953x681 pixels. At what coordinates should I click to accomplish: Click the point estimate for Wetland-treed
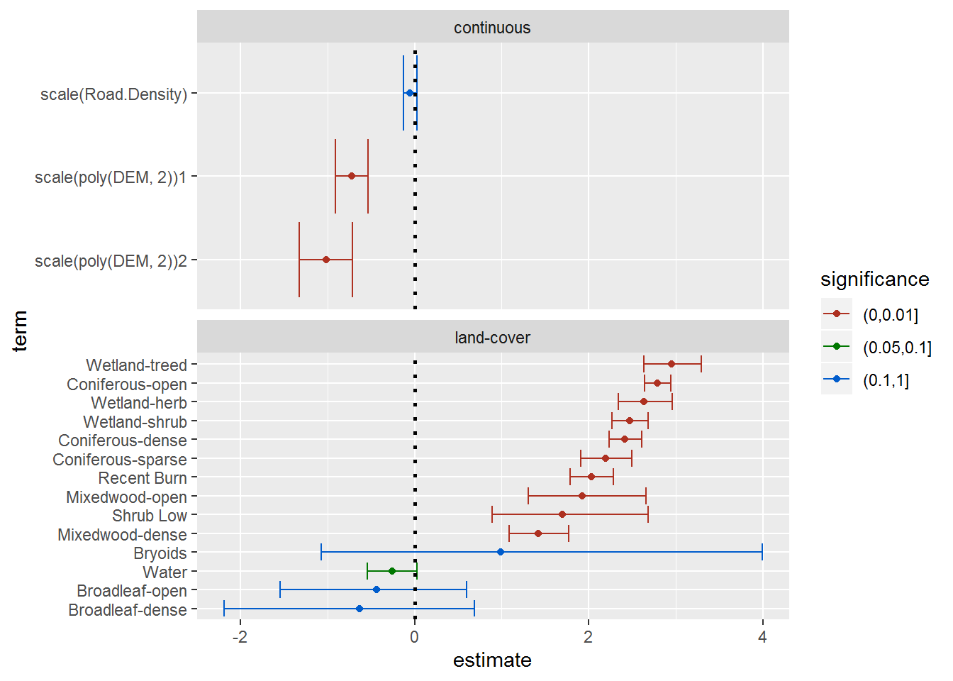(671, 364)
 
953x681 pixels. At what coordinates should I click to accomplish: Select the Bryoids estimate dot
(501, 552)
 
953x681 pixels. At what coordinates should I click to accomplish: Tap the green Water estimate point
(392, 571)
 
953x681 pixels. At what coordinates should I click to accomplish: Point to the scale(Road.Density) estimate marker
(409, 93)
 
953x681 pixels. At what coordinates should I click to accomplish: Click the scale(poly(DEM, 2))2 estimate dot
(326, 260)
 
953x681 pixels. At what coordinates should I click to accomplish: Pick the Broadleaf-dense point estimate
(360, 609)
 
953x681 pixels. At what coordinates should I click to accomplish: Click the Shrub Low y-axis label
(150, 516)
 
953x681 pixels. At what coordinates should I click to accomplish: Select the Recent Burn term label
(143, 478)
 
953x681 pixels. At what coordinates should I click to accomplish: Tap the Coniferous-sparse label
(120, 460)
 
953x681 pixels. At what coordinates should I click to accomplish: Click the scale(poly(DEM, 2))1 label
(111, 177)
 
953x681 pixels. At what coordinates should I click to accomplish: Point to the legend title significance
(874, 279)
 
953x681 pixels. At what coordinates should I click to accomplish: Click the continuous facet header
(492, 28)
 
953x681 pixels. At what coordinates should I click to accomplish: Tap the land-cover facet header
(492, 338)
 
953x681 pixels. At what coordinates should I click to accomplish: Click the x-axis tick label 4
(762, 637)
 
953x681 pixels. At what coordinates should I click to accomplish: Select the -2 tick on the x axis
(240, 637)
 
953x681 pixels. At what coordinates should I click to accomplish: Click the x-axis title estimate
(492, 660)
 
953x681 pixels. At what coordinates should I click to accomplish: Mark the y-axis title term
(20, 331)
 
